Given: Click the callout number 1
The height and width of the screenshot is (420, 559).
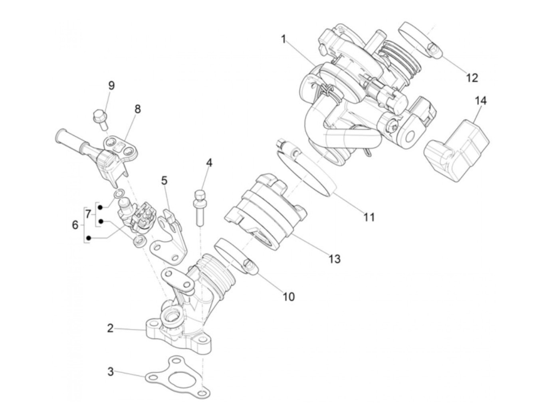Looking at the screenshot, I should click(x=283, y=40).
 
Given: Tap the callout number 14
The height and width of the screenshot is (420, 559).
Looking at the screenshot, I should click(x=481, y=101).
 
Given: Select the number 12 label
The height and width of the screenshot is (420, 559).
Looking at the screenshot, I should click(x=472, y=77).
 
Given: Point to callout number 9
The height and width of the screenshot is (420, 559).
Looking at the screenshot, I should click(x=111, y=85).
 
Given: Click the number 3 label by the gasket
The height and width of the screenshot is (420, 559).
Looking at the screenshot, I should click(x=111, y=372).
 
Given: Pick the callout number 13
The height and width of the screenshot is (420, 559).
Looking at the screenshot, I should click(x=334, y=259).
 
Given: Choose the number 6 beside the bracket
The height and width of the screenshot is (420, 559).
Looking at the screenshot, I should click(x=75, y=225).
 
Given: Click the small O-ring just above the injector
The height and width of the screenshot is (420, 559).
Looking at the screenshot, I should click(x=118, y=194).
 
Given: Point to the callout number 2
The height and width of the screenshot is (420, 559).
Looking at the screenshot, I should click(x=111, y=329).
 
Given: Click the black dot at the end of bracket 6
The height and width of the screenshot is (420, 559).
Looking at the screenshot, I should click(x=89, y=238).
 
